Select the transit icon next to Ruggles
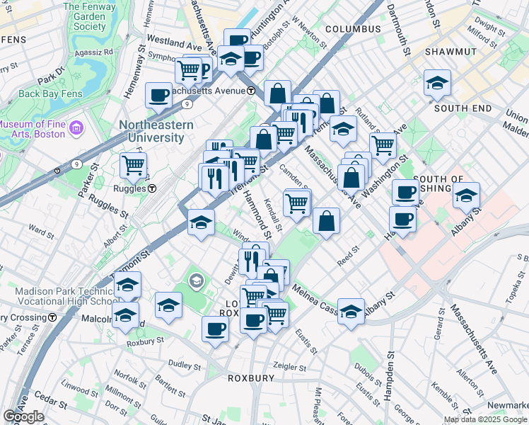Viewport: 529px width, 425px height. pos(152,188)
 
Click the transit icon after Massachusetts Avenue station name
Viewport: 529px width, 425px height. pos(251,91)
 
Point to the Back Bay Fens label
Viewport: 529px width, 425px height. pos(50,93)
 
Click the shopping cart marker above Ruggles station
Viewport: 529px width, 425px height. pos(133,166)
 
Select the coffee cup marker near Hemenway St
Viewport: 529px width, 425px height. pos(159,95)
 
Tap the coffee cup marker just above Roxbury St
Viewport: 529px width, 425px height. pos(215,328)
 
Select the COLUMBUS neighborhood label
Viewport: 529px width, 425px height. pos(353,29)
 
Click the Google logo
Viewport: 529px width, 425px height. pos(23,416)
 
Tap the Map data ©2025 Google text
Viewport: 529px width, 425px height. pos(485,419)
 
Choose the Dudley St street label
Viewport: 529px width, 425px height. pos(185,366)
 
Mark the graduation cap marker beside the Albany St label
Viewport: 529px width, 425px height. pos(351,310)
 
